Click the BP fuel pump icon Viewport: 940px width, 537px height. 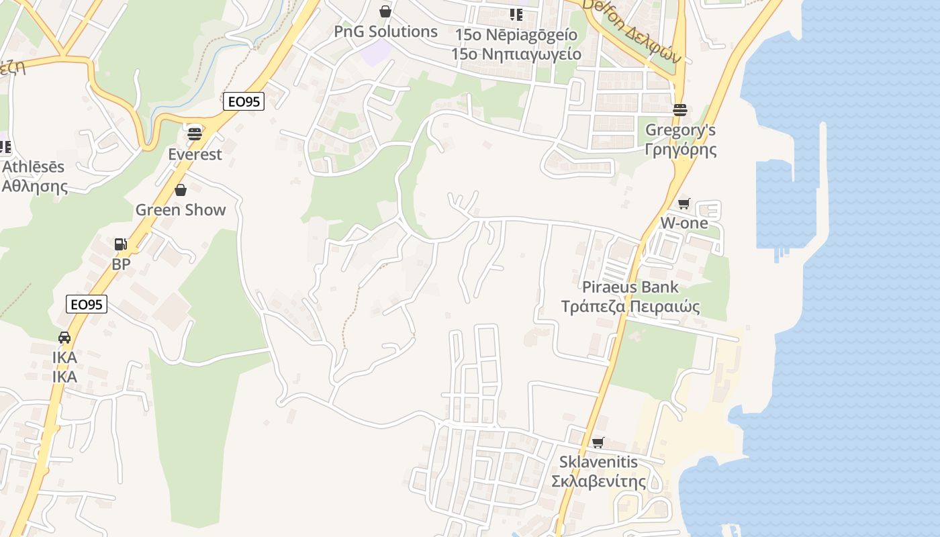point(121,244)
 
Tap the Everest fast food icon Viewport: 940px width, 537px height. point(195,134)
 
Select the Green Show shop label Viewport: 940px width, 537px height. point(181,209)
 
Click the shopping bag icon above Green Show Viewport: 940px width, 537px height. point(180,190)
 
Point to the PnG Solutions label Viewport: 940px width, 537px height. point(385,32)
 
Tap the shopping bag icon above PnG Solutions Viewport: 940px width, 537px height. point(385,11)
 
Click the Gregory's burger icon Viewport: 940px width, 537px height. point(680,110)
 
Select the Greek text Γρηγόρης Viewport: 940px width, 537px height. point(680,149)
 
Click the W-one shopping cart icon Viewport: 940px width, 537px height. point(684,203)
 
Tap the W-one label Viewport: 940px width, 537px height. point(684,223)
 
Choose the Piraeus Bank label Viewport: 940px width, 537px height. point(630,287)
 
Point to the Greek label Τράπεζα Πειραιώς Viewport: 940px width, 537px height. point(630,307)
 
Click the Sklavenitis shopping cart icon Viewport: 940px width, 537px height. point(598,442)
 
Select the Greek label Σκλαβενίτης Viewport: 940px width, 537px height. point(598,481)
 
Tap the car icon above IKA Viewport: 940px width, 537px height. point(64,338)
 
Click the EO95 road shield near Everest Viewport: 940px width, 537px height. point(244,102)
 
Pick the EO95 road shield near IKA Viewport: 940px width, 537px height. point(87,305)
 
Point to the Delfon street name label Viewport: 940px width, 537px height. point(631,30)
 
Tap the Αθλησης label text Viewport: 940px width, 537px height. point(35,186)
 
